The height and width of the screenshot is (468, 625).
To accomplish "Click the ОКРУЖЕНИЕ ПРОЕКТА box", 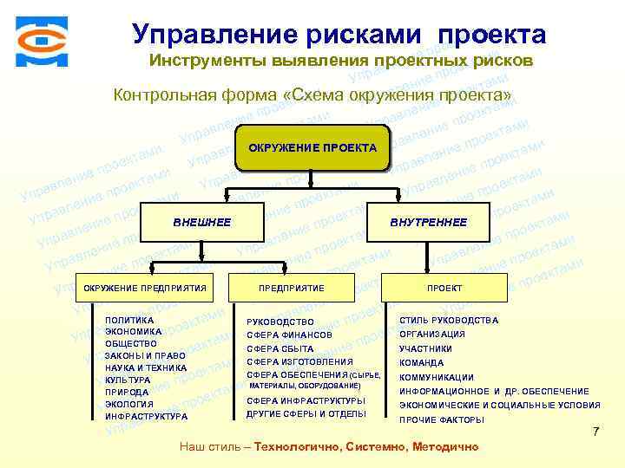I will pyautogui.click(x=312, y=148).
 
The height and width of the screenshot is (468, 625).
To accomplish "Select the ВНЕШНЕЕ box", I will pyautogui.click(x=201, y=223).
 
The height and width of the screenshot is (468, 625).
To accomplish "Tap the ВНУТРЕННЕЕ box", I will pyautogui.click(x=428, y=223).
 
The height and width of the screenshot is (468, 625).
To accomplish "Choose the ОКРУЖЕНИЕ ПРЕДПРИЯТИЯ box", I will pyautogui.click(x=144, y=288).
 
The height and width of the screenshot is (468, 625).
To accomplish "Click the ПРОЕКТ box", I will pyautogui.click(x=444, y=288).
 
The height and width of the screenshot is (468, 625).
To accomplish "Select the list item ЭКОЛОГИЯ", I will pyautogui.click(x=128, y=404).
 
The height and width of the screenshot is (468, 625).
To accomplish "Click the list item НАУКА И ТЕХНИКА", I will pyautogui.click(x=145, y=367).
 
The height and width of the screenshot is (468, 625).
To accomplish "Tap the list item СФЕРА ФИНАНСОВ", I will pyautogui.click(x=289, y=335).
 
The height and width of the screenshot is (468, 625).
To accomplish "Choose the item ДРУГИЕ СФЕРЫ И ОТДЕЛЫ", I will pyautogui.click(x=306, y=414).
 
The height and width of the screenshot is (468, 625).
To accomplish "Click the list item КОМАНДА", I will pyautogui.click(x=421, y=363).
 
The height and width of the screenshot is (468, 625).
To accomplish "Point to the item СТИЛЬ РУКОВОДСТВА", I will pyautogui.click(x=449, y=321).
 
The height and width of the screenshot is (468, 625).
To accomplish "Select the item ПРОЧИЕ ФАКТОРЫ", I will pyautogui.click(x=441, y=419).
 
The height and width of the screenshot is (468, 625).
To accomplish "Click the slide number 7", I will pyautogui.click(x=595, y=432).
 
